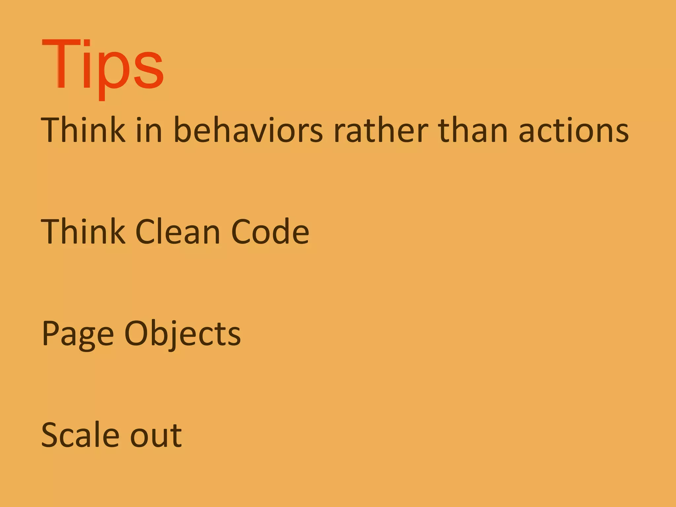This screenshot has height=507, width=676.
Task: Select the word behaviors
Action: pyautogui.click(x=248, y=130)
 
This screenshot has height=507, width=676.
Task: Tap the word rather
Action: pyautogui.click(x=381, y=130)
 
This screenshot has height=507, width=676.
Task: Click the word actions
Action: pyautogui.click(x=574, y=131)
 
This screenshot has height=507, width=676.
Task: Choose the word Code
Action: pyautogui.click(x=270, y=232)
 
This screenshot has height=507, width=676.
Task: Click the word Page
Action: pyautogui.click(x=78, y=334)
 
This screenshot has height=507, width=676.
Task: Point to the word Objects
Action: pyautogui.click(x=183, y=334)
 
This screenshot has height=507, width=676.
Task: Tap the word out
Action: pyautogui.click(x=156, y=436)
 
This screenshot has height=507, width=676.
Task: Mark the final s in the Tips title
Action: pyautogui.click(x=149, y=71)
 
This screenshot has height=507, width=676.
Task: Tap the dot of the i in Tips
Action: pyautogui.click(x=87, y=43)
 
